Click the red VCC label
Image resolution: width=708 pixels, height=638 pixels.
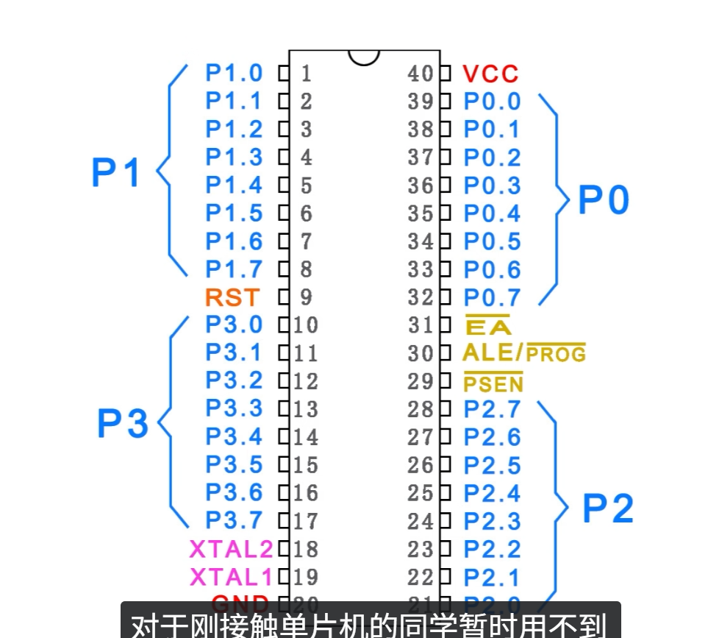490,74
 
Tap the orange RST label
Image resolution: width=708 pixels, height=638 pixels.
232,297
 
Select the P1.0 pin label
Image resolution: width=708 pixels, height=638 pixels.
234,73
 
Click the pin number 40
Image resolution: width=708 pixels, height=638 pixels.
421,74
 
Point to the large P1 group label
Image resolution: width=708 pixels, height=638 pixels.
116,173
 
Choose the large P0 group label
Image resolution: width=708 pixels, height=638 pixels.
604,200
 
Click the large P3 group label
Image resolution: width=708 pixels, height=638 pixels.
123,424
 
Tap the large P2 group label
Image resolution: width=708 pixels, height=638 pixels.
608,508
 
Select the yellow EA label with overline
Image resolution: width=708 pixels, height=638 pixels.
488,326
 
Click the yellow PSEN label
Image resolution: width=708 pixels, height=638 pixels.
493,383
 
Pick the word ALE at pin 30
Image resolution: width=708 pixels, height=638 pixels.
487,353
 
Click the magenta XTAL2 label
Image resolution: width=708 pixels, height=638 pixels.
231,549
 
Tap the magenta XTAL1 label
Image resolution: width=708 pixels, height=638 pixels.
231,577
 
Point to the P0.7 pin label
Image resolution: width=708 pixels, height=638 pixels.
492,297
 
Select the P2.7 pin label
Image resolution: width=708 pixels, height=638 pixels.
492,409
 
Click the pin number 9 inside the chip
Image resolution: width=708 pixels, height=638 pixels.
306,297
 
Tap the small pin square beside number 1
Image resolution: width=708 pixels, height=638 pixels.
284,74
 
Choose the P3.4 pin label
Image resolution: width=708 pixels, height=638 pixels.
234,437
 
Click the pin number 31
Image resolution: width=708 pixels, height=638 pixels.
421,325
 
